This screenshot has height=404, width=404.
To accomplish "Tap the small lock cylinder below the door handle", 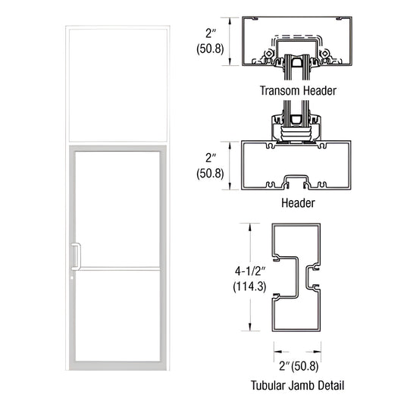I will (72, 275).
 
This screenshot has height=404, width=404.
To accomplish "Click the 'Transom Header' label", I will (298, 90).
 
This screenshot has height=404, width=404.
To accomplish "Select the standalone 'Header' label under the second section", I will (298, 203).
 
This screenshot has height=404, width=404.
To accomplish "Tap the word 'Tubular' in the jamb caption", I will (267, 384).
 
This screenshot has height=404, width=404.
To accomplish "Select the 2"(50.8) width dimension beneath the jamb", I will (298, 365).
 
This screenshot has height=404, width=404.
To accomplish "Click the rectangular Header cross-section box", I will (298, 165).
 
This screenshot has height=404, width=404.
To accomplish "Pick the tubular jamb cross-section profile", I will (298, 277).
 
